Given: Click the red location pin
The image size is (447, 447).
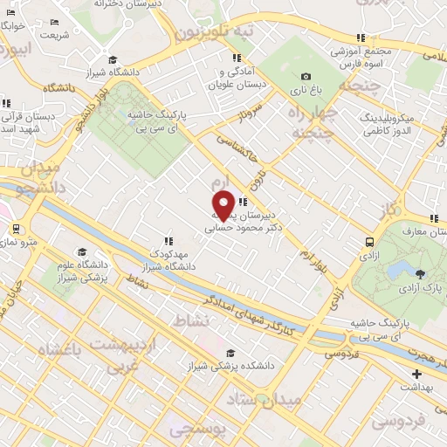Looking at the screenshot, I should [223, 205].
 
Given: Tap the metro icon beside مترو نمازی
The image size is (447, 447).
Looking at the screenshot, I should [16, 229].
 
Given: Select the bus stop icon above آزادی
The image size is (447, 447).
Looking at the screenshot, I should [370, 243].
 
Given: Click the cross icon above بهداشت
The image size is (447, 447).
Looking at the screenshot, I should [416, 373].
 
